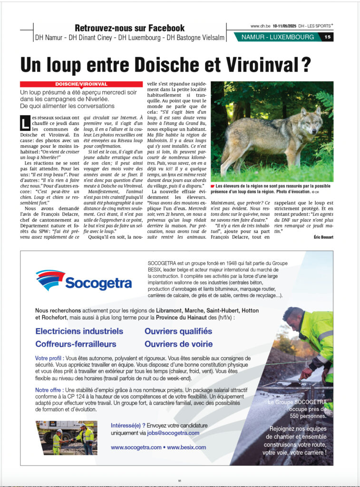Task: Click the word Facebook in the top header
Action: (x=163, y=28)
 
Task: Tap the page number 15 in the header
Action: (x=328, y=37)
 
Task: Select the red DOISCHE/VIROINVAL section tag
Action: (x=81, y=84)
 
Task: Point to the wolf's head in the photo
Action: (x=310, y=117)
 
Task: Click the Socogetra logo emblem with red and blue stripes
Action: (x=50, y=280)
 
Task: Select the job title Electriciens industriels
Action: (x=79, y=331)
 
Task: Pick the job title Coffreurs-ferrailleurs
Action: (x=76, y=343)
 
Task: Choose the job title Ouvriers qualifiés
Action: (x=178, y=331)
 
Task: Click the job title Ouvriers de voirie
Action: (x=178, y=343)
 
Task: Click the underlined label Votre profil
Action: (x=49, y=358)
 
